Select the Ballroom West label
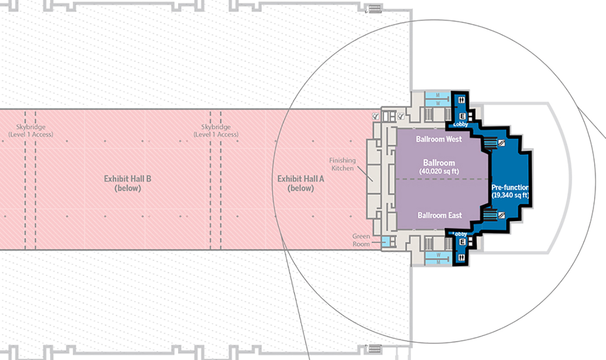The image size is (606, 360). click(x=439, y=139)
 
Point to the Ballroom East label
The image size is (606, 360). click(x=440, y=215)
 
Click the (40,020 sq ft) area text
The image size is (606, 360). click(x=439, y=171)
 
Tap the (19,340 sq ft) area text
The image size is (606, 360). click(x=510, y=195)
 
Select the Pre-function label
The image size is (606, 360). click(x=510, y=187)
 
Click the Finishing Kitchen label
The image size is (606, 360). click(x=342, y=164)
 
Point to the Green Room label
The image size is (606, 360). click(x=361, y=240)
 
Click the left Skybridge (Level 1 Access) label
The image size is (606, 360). click(x=31, y=131)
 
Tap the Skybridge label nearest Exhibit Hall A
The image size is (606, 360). click(x=216, y=131)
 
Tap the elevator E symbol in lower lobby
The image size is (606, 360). click(x=463, y=242)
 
